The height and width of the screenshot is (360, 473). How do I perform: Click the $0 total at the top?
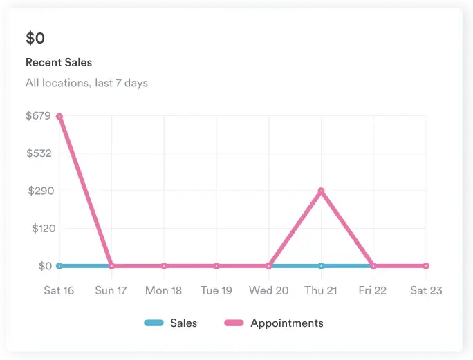35,38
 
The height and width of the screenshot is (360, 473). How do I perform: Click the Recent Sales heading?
59,62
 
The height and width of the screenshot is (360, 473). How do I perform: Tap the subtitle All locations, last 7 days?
86,83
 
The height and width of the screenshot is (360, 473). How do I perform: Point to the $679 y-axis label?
38,115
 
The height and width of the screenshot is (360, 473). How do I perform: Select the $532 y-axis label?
39,153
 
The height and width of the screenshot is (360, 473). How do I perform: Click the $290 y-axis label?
39,191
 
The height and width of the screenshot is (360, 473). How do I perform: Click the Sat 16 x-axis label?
59,290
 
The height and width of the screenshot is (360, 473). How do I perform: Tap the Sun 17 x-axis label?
111,290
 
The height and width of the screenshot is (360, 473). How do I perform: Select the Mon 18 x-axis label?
163,290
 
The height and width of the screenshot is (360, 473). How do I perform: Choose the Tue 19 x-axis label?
216,290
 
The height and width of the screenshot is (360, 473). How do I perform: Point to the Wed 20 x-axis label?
268,290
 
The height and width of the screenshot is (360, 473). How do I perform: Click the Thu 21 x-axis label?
321,290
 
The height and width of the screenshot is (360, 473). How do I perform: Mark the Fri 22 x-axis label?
373,290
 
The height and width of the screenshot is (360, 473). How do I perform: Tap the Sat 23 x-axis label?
426,290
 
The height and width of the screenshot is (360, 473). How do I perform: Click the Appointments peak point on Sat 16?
59,116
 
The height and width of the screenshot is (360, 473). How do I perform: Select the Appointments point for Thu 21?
321,191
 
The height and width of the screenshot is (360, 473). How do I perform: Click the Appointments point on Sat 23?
426,266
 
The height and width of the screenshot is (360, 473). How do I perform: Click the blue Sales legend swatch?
154,323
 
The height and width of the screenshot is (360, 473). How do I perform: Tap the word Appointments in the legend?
286,323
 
